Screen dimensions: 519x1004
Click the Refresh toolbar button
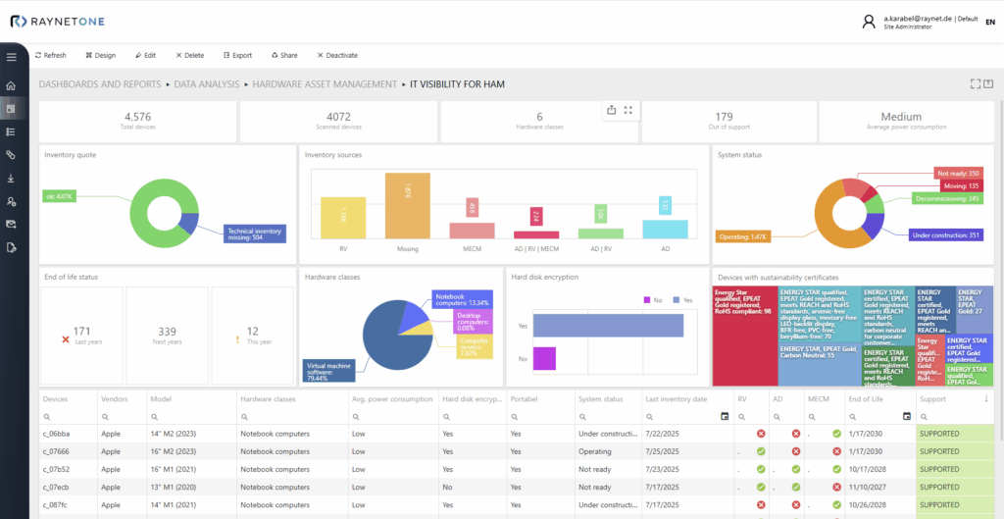[x=50, y=56]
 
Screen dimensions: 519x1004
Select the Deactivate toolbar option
[x=335, y=56]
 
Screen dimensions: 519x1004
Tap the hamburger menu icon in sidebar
[x=12, y=57]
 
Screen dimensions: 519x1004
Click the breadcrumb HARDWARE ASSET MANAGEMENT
[x=324, y=85]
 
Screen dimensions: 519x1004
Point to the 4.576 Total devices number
[x=137, y=117]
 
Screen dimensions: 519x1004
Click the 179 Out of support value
[x=724, y=117]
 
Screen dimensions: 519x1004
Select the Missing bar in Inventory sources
[x=407, y=206]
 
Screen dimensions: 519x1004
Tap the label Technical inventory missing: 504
[x=254, y=233]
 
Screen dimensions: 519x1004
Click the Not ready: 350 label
[x=958, y=173]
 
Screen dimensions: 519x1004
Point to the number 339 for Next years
[x=167, y=332]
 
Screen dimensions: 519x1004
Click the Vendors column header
[x=114, y=399]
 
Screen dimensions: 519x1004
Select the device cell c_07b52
[x=57, y=469]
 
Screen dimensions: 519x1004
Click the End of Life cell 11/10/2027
[x=867, y=487]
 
